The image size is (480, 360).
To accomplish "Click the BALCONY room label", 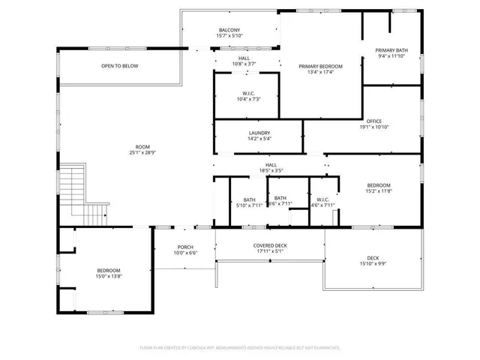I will coord(229,30).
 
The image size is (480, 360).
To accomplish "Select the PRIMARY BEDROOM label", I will coord(320,67).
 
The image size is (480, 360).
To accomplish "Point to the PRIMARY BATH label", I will coord(391,50).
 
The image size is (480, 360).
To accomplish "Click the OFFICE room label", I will coord(373,121).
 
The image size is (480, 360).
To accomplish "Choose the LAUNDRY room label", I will coord(259,132).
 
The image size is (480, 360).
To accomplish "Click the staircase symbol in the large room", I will coord(75,187).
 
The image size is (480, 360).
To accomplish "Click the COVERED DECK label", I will coord(269,246).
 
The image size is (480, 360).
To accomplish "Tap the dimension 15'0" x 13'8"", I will coord(108,277).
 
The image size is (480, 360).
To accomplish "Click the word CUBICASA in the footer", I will coord(212,348).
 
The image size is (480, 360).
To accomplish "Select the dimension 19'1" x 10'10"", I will coord(373,127).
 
